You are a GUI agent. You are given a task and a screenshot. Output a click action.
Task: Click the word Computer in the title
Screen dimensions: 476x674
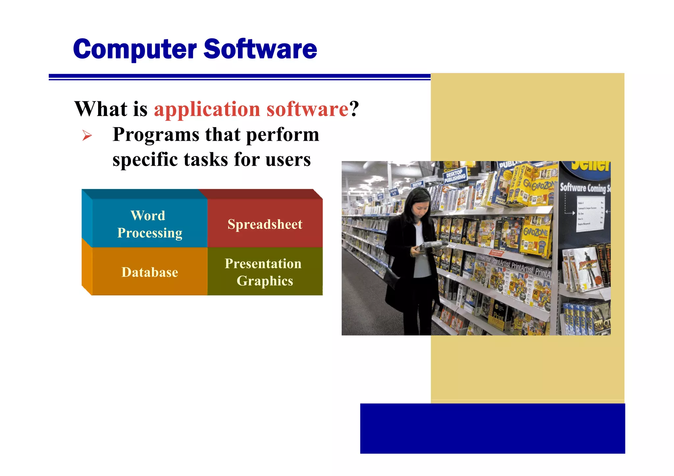[x=135, y=49]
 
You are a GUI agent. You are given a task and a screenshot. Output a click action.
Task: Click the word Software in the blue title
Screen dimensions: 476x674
[x=260, y=49]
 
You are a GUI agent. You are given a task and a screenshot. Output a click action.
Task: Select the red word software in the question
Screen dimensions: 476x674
[x=307, y=109]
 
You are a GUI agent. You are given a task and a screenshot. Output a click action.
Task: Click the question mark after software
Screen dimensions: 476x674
[x=354, y=109]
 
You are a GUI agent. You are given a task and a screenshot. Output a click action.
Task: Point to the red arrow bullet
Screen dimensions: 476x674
[x=87, y=135]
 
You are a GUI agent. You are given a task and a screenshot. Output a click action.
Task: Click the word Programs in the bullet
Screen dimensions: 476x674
[x=156, y=135]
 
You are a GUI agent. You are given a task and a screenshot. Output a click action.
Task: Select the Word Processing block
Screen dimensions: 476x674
[x=150, y=224]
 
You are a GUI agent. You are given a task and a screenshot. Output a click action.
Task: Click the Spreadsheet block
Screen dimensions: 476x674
[x=265, y=224]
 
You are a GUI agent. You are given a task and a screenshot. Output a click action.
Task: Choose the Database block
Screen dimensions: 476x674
[x=150, y=272]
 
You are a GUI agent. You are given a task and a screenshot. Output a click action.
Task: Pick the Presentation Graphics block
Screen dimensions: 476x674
[x=265, y=272]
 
